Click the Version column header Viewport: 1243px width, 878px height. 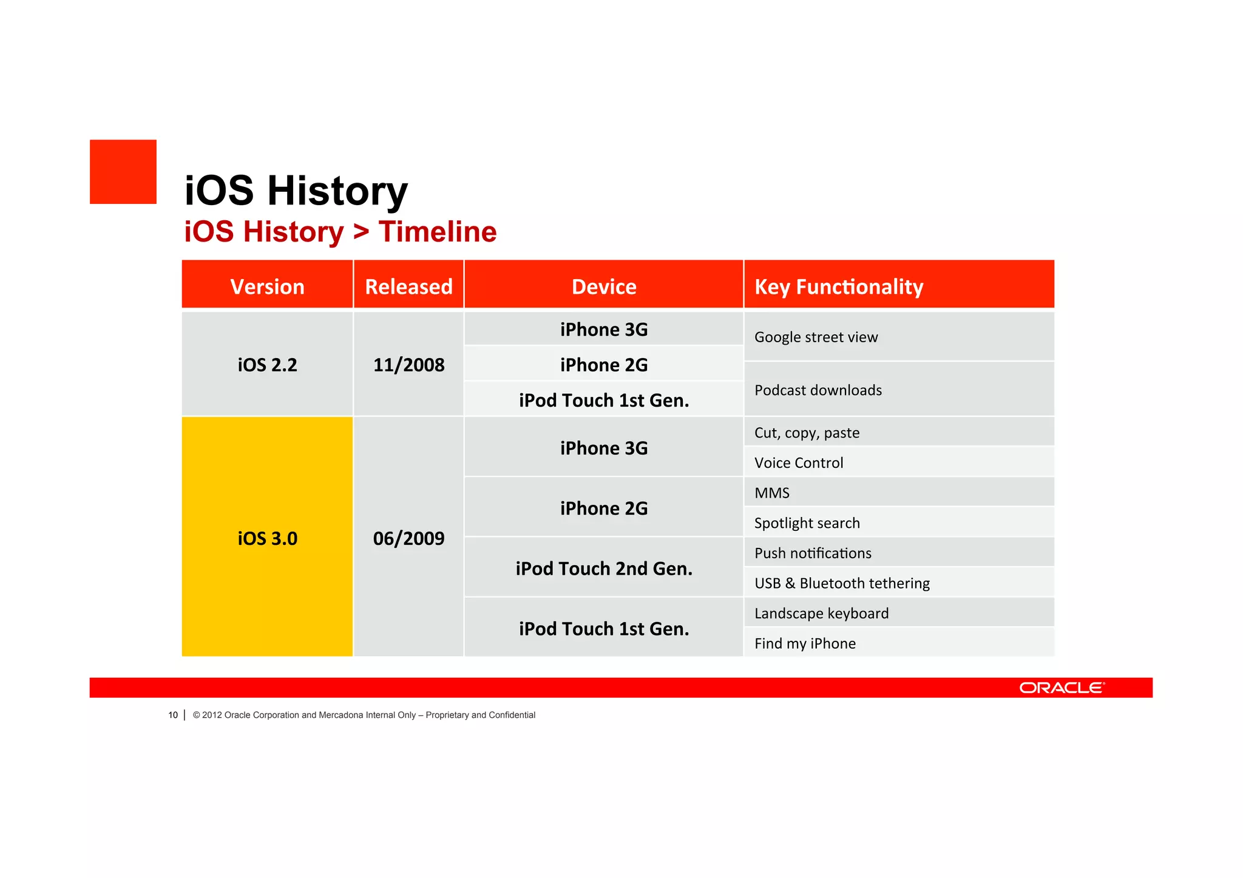coord(267,286)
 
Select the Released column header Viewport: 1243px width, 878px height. coord(408,286)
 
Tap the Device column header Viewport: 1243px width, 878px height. coord(604,286)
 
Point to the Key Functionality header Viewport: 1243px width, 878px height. coord(839,286)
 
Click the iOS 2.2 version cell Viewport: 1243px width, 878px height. coord(267,365)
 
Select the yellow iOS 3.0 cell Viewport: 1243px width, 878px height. coord(267,538)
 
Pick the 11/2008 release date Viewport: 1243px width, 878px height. coord(408,365)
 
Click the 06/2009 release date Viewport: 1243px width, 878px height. coord(408,538)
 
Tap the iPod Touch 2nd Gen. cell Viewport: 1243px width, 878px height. coord(604,569)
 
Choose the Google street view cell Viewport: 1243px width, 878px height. coord(816,337)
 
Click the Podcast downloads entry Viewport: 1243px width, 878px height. coord(818,390)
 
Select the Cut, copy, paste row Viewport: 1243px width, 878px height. coord(807,433)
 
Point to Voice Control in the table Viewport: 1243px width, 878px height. coord(799,463)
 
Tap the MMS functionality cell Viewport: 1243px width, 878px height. coord(772,493)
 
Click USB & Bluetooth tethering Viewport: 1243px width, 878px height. coord(842,583)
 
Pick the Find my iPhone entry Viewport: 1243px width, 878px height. coord(805,643)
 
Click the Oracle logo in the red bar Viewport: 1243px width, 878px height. coord(1062,687)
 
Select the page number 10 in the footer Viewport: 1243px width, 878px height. coord(173,715)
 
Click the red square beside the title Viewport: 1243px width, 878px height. coord(123,172)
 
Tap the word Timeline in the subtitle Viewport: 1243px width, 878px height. coord(438,232)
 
